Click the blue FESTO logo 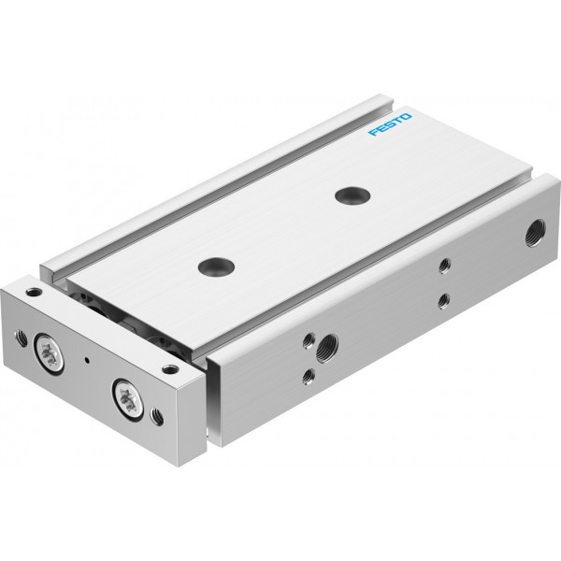[x=390, y=124]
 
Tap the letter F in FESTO [x=373, y=133]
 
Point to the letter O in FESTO [x=406, y=117]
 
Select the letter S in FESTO [x=390, y=124]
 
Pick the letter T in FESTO [x=397, y=121]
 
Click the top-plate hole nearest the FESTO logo [x=352, y=195]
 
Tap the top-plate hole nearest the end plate [x=216, y=266]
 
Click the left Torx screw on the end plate [x=49, y=352]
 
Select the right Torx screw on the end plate [x=128, y=400]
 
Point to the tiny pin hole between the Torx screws [x=87, y=360]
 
